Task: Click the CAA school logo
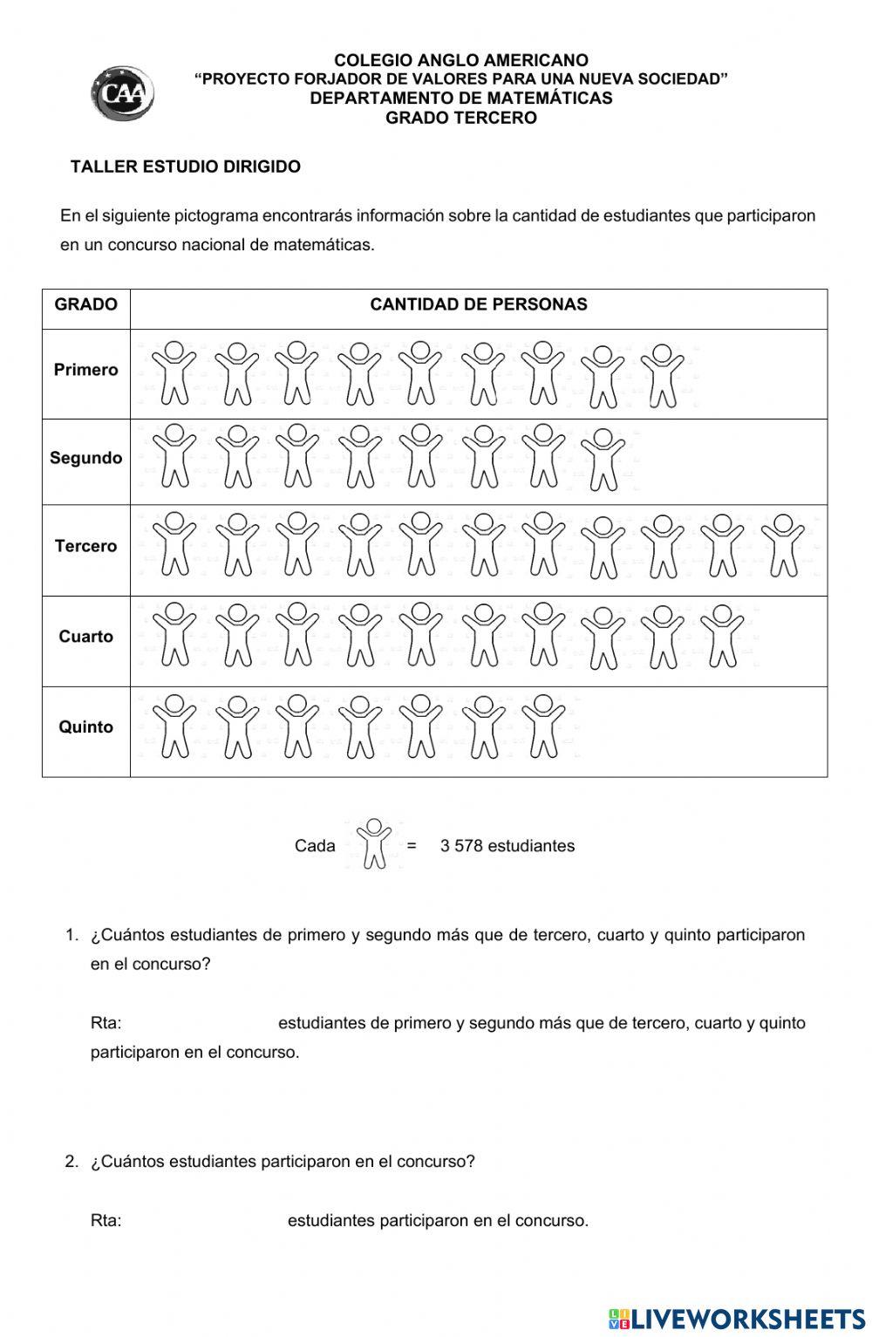pos(122,92)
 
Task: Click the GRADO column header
pos(85,304)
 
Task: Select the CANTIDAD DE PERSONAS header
pos(478,304)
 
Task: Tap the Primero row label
pos(85,370)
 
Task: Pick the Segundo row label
pos(85,458)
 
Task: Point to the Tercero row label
pos(85,546)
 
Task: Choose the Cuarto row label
pos(85,637)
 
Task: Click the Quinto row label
pos(85,726)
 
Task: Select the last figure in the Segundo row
pos(603,460)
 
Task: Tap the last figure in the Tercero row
pos(783,546)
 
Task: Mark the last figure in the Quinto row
pos(543,726)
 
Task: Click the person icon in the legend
pos(374,843)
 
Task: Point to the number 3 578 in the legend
pos(461,846)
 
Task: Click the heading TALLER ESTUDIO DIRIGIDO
pos(185,167)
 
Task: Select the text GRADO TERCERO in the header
pos(461,118)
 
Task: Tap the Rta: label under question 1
pos(106,1023)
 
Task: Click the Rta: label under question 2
pos(106,1221)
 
